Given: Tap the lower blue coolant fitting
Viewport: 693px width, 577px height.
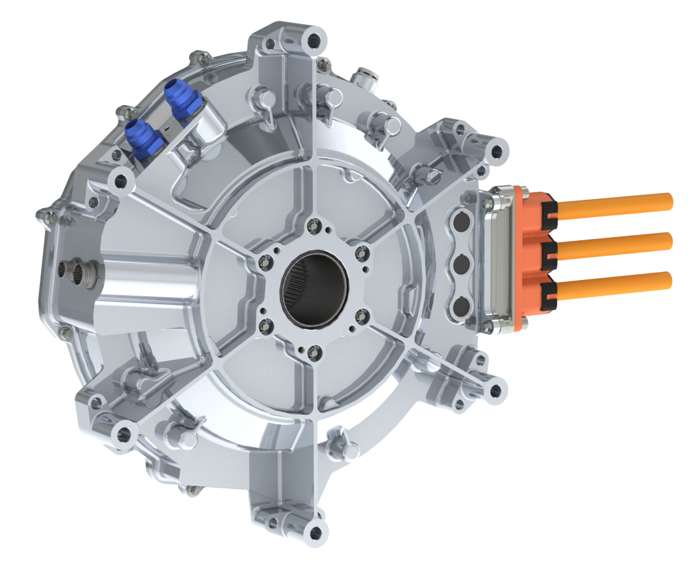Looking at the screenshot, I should pos(142,136).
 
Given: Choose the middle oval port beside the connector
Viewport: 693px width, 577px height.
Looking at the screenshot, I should pos(462,264).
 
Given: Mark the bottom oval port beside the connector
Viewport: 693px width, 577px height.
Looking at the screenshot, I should pos(462,304).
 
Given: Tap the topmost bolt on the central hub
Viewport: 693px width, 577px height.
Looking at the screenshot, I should pos(314,226).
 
